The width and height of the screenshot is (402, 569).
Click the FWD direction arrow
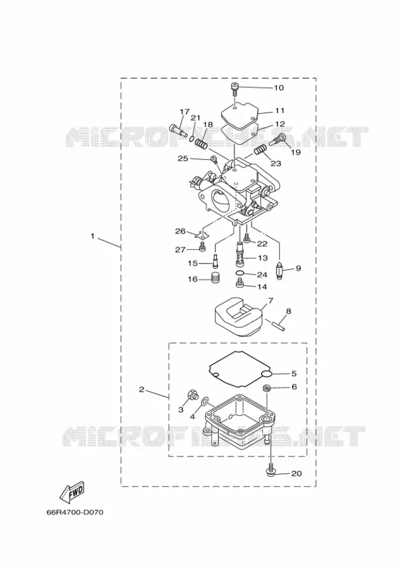(72, 492)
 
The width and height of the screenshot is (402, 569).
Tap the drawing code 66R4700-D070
(75, 512)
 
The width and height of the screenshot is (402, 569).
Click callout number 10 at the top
(279, 88)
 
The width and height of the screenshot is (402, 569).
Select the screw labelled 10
(235, 89)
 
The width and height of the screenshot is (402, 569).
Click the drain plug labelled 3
(192, 395)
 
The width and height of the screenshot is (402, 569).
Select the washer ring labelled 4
(204, 400)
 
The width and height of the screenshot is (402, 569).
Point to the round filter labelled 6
(266, 388)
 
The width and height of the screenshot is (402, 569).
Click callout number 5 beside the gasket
(294, 374)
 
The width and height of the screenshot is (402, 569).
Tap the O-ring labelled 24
(240, 273)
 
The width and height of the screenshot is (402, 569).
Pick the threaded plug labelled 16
(216, 278)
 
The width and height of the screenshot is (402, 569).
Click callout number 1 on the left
(92, 236)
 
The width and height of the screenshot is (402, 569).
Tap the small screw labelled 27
(202, 248)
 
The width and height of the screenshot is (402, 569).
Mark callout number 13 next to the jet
(263, 258)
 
